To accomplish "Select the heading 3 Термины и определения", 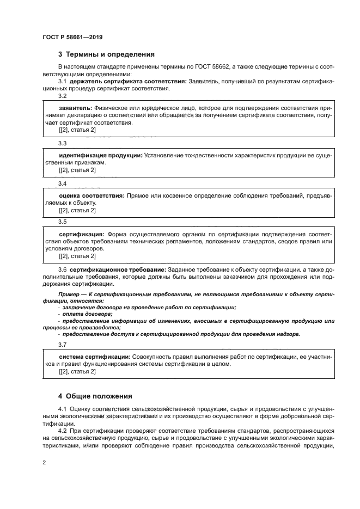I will point(106,54).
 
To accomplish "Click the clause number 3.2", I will point(62,96).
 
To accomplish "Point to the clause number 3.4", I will point(62,183).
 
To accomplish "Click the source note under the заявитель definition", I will point(77,131).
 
